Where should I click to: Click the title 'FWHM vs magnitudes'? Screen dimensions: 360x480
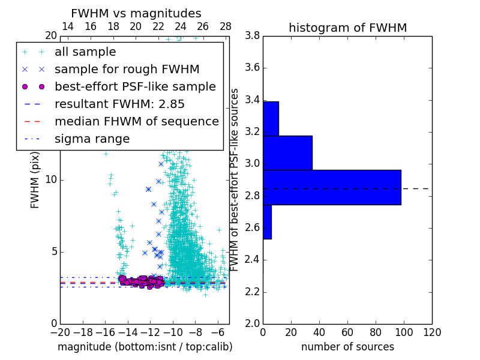[x=136, y=13]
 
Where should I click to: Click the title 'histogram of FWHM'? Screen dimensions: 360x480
[x=347, y=28]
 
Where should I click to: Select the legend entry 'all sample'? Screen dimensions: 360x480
[x=85, y=52]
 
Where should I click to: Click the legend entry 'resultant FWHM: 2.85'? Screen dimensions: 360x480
[x=120, y=104]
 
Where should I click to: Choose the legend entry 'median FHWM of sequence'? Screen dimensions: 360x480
[x=136, y=121]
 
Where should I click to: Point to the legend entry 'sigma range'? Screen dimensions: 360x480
[x=92, y=139]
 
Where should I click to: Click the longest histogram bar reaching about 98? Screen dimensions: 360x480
[x=332, y=187]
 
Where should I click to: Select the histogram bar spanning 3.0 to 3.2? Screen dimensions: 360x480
[x=287, y=153]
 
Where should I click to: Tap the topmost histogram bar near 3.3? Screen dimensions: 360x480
[x=271, y=118]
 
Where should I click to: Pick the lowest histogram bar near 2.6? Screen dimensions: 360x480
[x=267, y=222]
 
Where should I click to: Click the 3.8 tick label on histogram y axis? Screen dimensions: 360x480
[x=252, y=35]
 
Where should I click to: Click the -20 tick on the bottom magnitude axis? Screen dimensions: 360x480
[x=60, y=332]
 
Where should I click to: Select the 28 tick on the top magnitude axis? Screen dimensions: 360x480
[x=226, y=26]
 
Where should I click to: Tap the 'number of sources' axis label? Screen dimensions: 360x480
[x=347, y=347]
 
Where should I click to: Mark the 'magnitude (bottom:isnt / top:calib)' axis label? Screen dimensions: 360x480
[x=145, y=347]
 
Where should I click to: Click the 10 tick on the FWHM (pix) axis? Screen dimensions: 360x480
[x=50, y=179]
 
